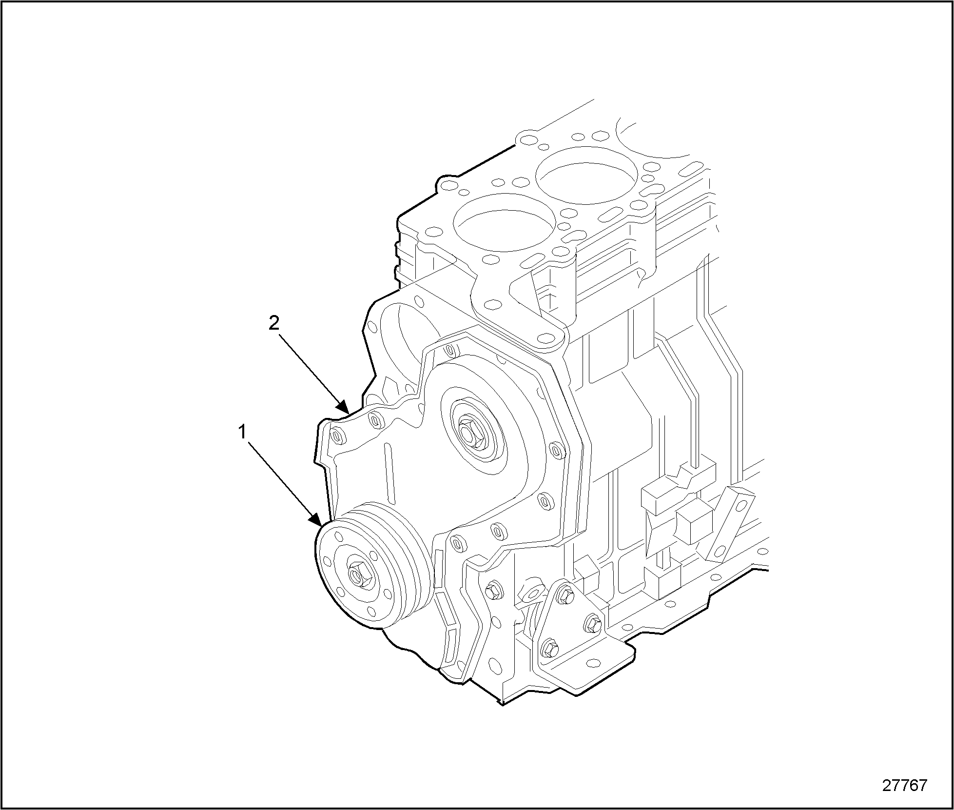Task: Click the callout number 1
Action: point(242,432)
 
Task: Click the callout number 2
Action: point(274,323)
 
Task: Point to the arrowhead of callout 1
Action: point(315,519)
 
